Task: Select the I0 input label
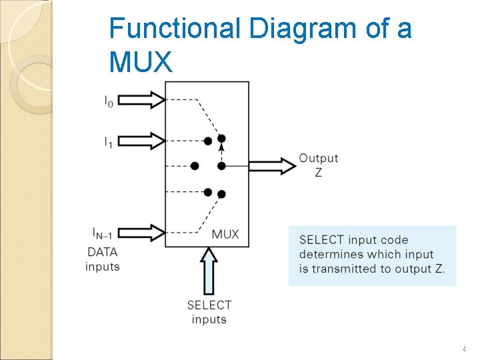point(108,101)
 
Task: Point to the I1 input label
point(108,141)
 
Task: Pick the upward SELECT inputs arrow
point(209,270)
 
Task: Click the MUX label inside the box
point(225,234)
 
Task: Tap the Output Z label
point(318,165)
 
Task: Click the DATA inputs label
point(102,259)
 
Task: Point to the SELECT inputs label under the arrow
point(209,312)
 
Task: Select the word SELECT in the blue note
point(322,240)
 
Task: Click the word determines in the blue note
point(330,255)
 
